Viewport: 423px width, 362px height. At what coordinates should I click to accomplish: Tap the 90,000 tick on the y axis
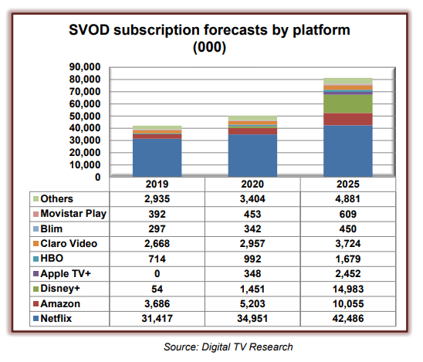pyautogui.click(x=84, y=67)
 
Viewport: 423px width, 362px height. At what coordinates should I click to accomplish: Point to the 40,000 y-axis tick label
pyautogui.click(x=84, y=128)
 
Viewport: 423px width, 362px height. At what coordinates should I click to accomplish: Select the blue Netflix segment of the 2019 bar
pyautogui.click(x=157, y=158)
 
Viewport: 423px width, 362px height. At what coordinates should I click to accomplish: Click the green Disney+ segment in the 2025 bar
pyautogui.click(x=347, y=103)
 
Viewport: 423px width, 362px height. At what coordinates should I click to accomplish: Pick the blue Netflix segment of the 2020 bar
pyautogui.click(x=252, y=156)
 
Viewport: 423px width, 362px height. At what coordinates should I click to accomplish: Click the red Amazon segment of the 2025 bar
pyautogui.click(x=347, y=119)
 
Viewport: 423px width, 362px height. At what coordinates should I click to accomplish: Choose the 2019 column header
pyautogui.click(x=157, y=185)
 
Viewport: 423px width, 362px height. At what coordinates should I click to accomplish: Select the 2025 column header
pyautogui.click(x=347, y=185)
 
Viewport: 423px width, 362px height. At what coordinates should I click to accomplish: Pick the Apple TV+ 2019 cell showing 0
pyautogui.click(x=157, y=272)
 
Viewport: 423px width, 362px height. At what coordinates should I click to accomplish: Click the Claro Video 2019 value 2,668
pyautogui.click(x=157, y=242)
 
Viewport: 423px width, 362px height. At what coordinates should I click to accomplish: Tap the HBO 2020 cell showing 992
pyautogui.click(x=252, y=257)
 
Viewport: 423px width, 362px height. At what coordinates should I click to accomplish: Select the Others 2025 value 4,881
pyautogui.click(x=347, y=198)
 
